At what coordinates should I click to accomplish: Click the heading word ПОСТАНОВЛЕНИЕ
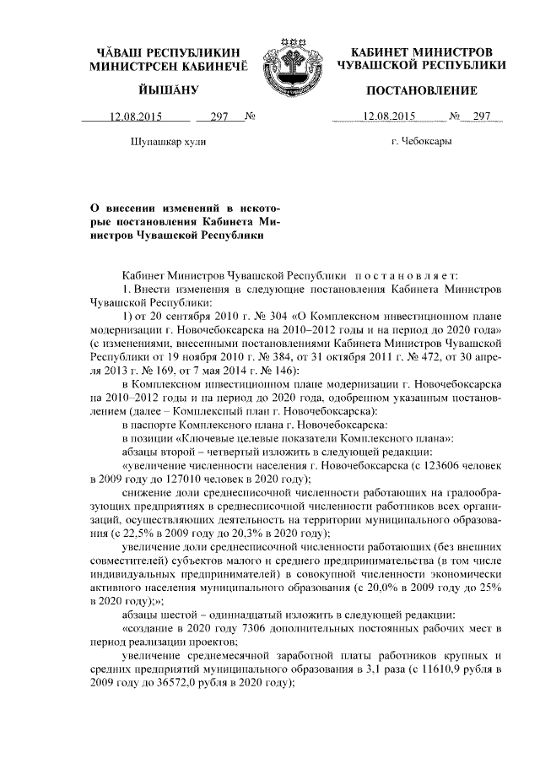(421, 90)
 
